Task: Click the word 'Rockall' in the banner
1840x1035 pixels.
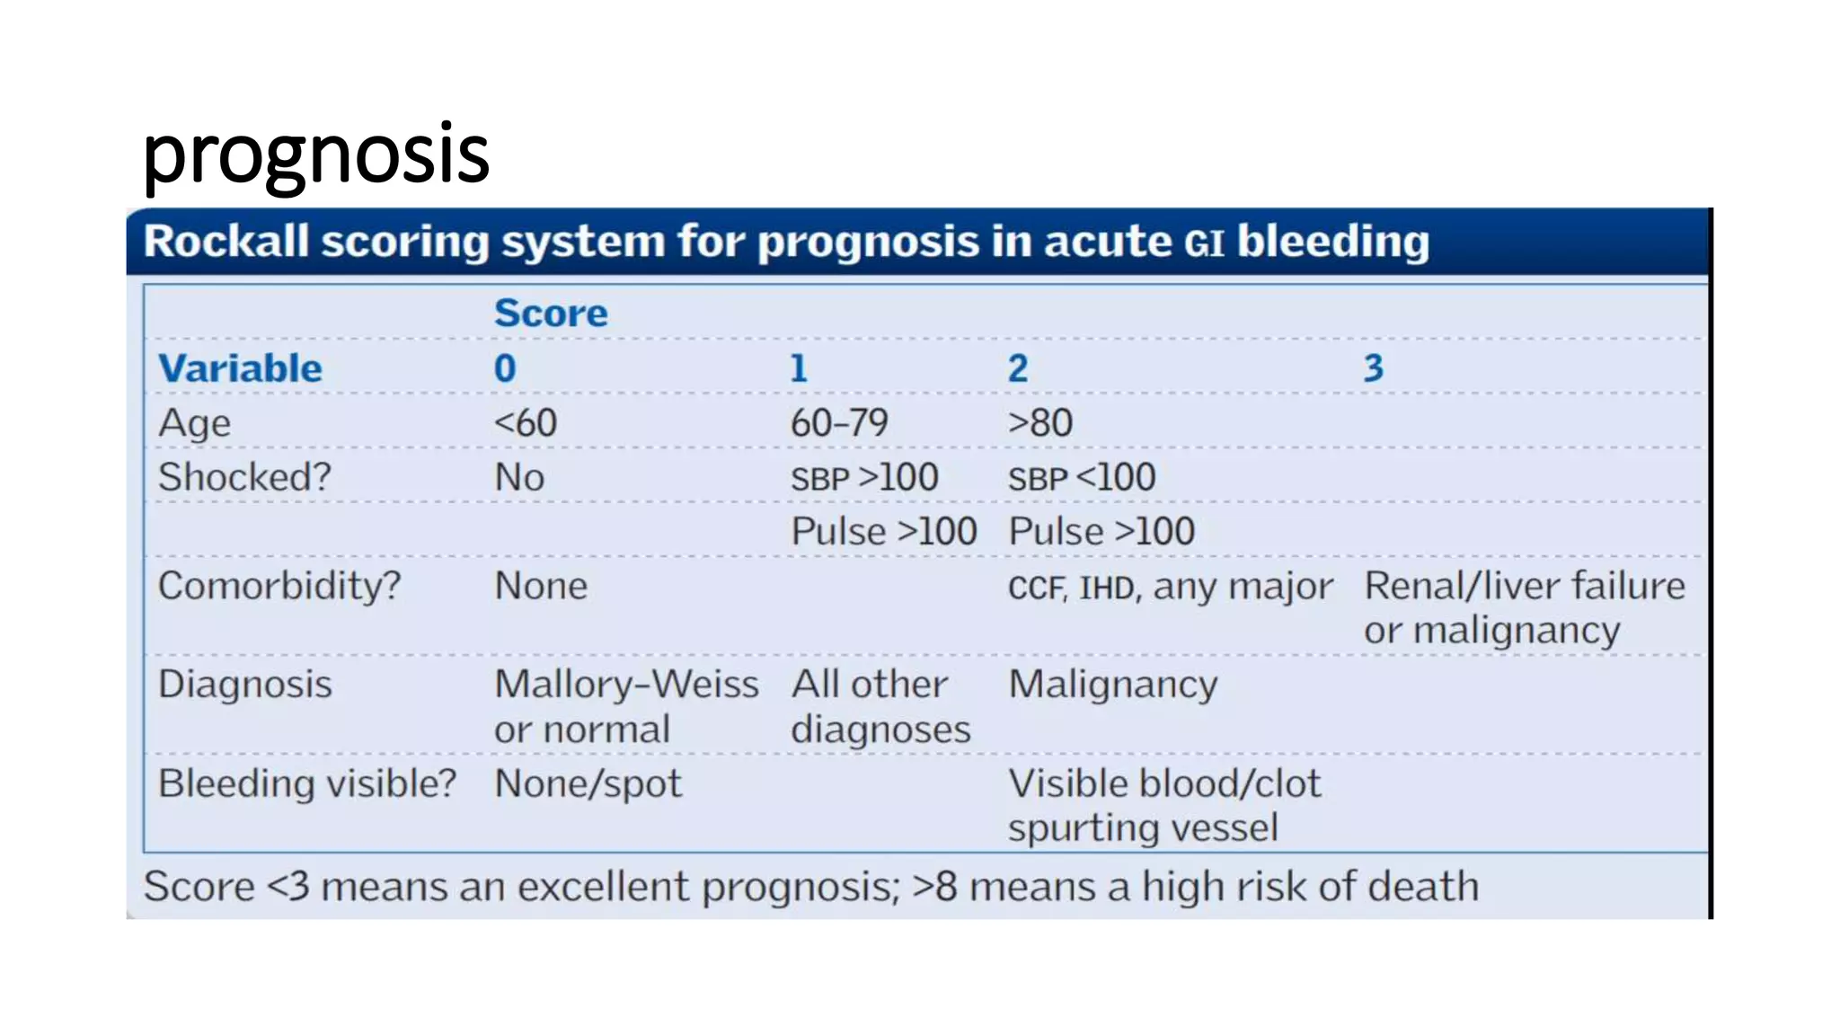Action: [226, 242]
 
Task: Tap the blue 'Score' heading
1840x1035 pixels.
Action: [551, 314]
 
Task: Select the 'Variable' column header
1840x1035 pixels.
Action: [240, 368]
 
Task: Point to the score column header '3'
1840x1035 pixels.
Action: [1373, 368]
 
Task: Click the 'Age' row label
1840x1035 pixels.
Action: [194, 423]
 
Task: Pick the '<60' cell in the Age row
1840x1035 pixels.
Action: [526, 423]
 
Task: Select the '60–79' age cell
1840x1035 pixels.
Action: [839, 423]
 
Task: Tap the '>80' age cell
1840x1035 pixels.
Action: [1040, 423]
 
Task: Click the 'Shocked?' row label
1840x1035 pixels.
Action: [244, 477]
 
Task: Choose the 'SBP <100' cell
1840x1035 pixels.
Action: [1082, 478]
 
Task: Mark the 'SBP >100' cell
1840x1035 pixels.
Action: [864, 478]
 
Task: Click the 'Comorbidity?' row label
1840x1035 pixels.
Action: [279, 586]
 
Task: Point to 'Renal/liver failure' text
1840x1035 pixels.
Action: [1525, 586]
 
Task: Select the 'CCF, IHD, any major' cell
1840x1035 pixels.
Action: [1170, 588]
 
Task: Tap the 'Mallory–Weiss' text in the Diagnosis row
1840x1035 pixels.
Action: [626, 685]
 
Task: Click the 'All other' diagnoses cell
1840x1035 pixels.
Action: [869, 685]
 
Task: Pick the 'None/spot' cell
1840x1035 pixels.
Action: [588, 784]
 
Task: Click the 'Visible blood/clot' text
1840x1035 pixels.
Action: [1164, 783]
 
